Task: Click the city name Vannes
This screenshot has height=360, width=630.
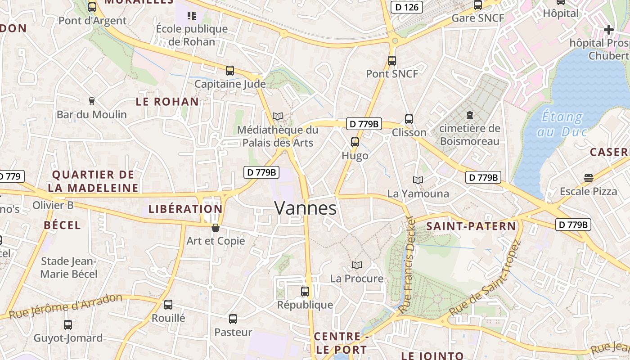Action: pos(305,208)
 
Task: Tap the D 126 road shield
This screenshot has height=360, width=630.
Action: pos(406,7)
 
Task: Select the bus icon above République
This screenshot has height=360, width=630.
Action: pos(305,291)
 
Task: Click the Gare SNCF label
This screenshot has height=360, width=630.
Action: pos(477,18)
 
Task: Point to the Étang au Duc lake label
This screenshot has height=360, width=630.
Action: pos(562,124)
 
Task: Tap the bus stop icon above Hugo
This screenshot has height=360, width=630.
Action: pos(355,142)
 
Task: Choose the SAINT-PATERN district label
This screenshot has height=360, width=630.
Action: pos(471,226)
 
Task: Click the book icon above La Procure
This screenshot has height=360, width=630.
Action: pos(357,265)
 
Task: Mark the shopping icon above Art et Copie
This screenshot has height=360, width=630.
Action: pos(216,228)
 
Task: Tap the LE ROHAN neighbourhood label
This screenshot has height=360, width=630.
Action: pos(167,102)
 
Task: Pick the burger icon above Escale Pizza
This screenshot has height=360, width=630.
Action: pos(588,178)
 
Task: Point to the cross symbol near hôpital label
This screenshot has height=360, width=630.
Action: pos(609,30)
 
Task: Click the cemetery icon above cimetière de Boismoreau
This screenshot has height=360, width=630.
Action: pos(470,115)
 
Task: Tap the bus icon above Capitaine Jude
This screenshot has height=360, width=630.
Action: pos(230,70)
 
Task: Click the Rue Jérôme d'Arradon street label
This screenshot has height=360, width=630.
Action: pos(66,306)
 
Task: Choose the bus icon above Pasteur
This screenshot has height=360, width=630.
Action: pos(233,319)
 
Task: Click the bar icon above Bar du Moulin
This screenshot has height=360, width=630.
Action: pos(92,101)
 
